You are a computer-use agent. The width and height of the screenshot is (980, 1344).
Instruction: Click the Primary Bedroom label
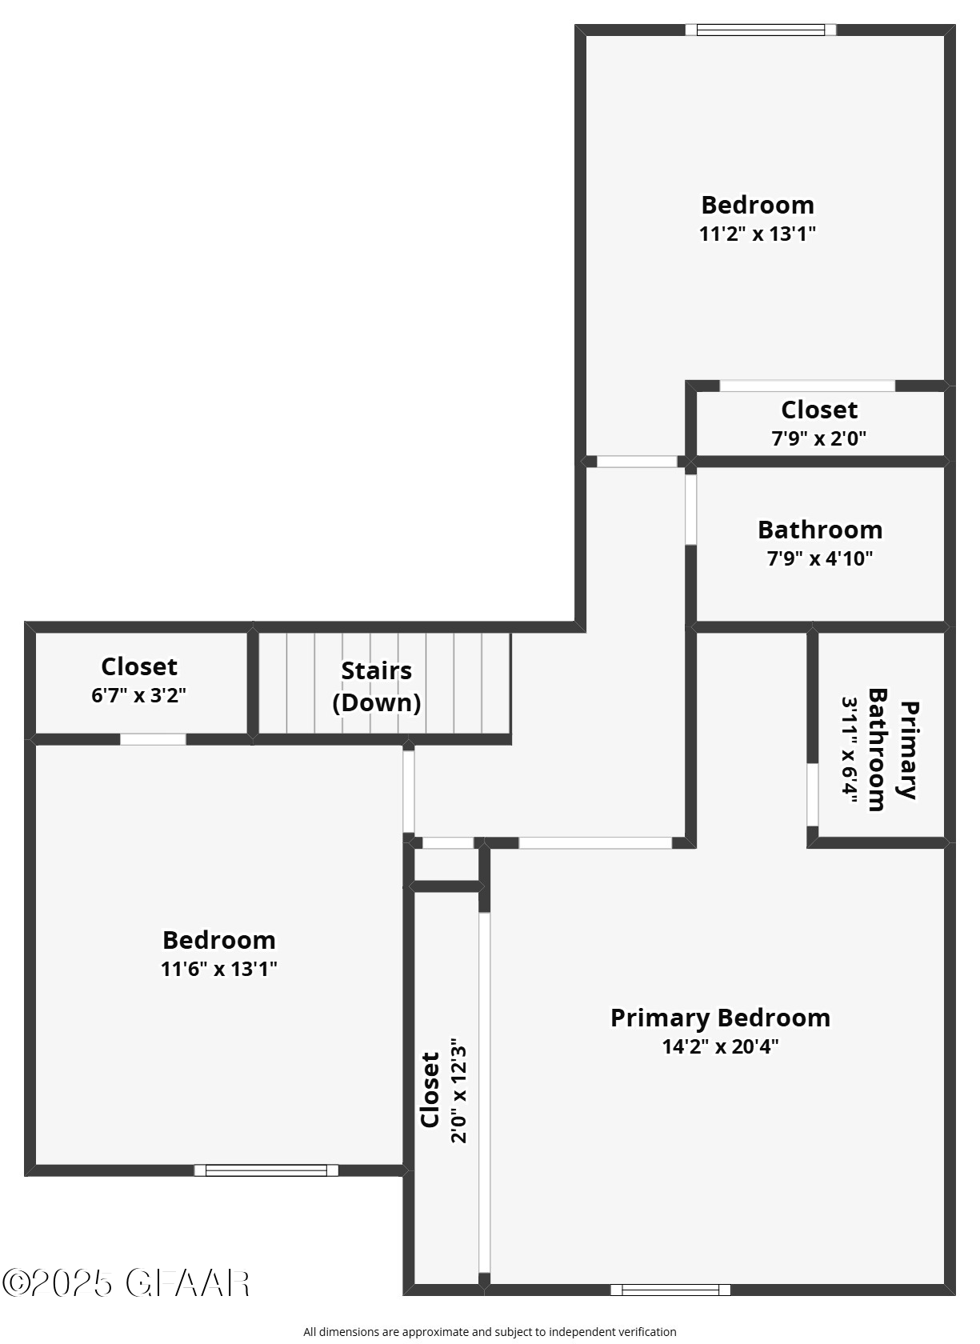tap(720, 1018)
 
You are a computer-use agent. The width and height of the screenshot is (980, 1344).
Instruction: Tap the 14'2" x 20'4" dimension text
tap(720, 1046)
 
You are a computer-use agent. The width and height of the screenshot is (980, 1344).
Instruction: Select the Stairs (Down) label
tap(377, 686)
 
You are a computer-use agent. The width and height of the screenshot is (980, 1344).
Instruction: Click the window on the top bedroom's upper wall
tap(760, 30)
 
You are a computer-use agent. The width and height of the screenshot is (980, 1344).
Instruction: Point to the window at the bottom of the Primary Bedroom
tap(670, 1290)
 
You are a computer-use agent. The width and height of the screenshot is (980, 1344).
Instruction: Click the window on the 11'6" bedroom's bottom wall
tap(266, 1170)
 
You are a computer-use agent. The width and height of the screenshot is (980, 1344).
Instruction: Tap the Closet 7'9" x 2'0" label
tap(819, 410)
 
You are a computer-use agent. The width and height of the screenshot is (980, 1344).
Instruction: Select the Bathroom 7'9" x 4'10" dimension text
tap(819, 558)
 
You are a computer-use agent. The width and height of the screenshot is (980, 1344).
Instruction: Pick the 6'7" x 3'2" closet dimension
tap(139, 695)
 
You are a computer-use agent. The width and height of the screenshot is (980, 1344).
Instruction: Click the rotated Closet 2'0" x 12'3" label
tap(430, 1090)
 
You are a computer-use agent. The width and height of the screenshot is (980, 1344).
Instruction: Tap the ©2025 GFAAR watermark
tap(126, 1283)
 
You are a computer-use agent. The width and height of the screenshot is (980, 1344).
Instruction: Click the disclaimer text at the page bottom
tap(490, 1332)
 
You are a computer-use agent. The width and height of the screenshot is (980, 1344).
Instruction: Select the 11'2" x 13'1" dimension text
tap(757, 234)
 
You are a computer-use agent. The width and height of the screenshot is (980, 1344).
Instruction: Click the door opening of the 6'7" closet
tap(153, 739)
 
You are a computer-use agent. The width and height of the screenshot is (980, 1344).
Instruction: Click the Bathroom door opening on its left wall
tap(690, 510)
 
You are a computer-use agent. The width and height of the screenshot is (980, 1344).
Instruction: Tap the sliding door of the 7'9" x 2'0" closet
tap(806, 386)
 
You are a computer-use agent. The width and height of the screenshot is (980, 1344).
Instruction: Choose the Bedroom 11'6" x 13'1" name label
tap(218, 940)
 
